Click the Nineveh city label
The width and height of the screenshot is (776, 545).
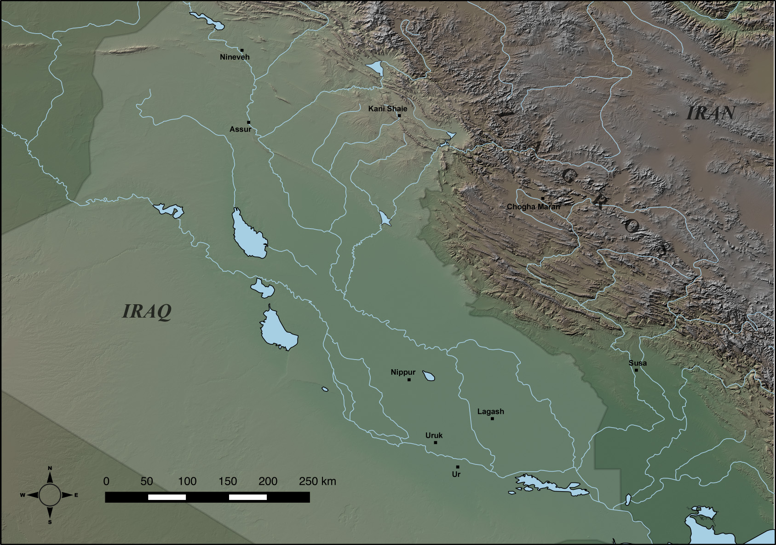[235, 57]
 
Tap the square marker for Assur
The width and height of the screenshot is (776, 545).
[249, 122]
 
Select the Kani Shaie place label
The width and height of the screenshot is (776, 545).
[387, 109]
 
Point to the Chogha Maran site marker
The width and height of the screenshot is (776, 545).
[543, 198]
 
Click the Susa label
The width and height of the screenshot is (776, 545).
[638, 363]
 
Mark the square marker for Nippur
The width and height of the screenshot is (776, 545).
[409, 380]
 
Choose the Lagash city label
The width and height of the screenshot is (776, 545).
[490, 412]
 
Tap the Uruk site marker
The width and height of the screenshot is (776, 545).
[436, 442]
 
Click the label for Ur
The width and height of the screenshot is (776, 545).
[456, 474]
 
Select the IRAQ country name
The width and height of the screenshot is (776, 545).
[147, 312]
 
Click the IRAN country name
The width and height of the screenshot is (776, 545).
[711, 113]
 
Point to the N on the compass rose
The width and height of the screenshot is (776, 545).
[50, 468]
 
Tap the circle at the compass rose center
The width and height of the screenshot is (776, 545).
[50, 495]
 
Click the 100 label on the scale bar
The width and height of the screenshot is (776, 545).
[187, 481]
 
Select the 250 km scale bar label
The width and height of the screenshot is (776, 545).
[317, 481]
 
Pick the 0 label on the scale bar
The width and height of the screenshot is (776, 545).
[106, 481]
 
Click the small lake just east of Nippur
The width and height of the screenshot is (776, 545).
[429, 376]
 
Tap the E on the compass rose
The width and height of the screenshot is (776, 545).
[76, 495]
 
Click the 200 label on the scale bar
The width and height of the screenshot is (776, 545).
[268, 481]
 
